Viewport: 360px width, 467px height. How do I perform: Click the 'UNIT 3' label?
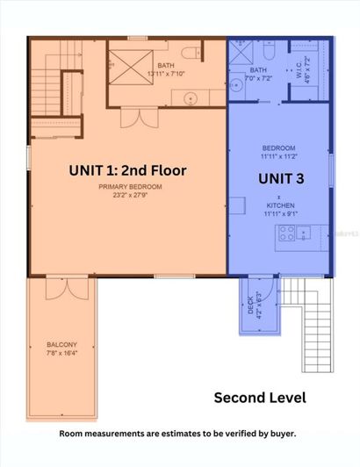click(280, 178)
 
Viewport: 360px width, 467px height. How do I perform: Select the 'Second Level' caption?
click(260, 398)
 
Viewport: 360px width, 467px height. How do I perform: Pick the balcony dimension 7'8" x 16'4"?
click(61, 353)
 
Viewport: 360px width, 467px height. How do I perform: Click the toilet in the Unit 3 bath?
click(274, 53)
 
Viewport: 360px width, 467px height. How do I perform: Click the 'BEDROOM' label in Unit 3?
click(279, 148)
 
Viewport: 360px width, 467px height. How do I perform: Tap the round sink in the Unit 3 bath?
click(237, 85)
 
